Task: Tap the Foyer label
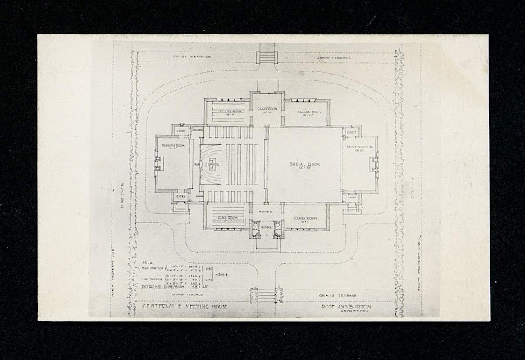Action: click(263, 209)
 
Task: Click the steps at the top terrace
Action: click(264, 56)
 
